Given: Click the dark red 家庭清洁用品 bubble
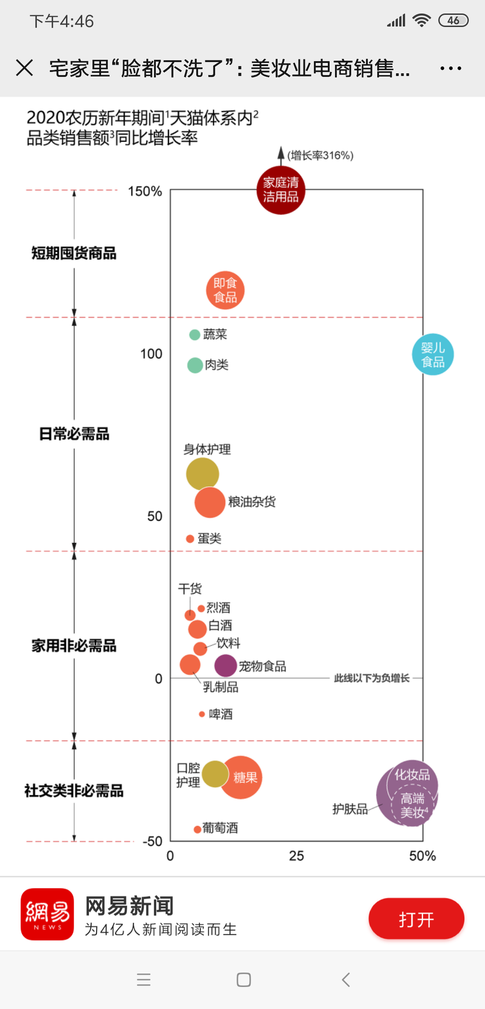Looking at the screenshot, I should (x=281, y=190).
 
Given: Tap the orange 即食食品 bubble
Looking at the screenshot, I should (x=225, y=290).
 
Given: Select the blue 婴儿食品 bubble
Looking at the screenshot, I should (x=432, y=355).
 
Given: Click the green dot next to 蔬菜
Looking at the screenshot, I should (x=194, y=335).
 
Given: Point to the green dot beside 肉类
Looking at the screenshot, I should (x=195, y=365).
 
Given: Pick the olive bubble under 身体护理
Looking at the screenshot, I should (x=202, y=473).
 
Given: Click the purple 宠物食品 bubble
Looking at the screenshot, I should (x=225, y=665).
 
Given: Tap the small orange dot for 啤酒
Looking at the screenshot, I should (x=202, y=714).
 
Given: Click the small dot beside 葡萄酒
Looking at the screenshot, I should (x=197, y=829).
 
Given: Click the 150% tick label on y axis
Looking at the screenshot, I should (x=145, y=192).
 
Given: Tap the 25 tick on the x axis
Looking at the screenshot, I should (x=296, y=856).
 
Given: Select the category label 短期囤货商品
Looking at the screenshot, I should (x=74, y=253).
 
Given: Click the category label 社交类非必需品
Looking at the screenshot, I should (x=74, y=790).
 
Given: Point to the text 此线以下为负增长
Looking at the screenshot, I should (x=371, y=678).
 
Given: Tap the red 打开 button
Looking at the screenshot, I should (x=416, y=919).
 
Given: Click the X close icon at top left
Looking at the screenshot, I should (x=24, y=68).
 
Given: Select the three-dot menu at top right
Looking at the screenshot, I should (x=450, y=68).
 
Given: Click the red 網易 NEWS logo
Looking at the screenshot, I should (x=47, y=914).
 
